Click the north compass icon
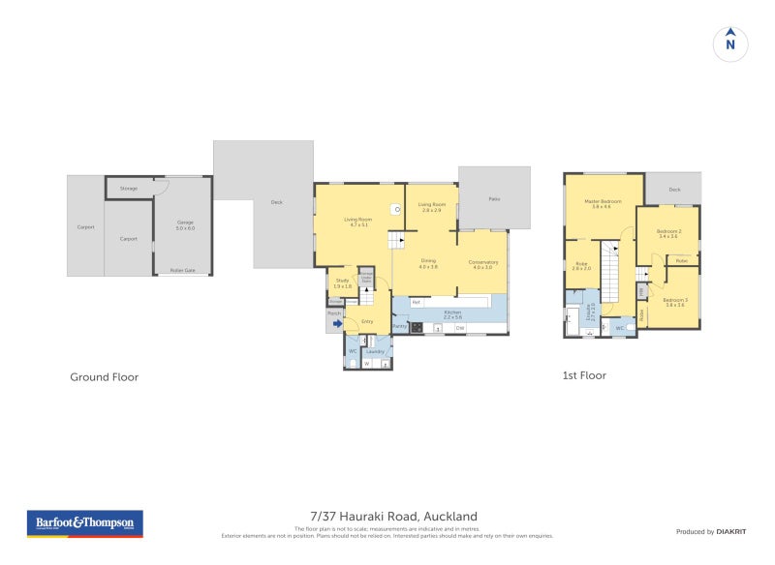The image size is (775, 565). pyautogui.click(x=730, y=44)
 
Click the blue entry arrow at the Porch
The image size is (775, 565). pyautogui.click(x=337, y=324)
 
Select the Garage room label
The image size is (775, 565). pyautogui.click(x=184, y=225)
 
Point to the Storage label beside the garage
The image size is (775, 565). pyautogui.click(x=129, y=188)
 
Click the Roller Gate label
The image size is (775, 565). pyautogui.click(x=182, y=270)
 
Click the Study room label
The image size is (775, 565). pyautogui.click(x=342, y=283)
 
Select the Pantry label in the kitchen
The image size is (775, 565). pyautogui.click(x=399, y=326)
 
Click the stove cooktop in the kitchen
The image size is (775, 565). pyautogui.click(x=417, y=328)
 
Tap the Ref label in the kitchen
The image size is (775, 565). pyautogui.click(x=416, y=303)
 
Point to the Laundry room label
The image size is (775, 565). pyautogui.click(x=375, y=351)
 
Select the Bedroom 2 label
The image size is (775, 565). pyautogui.click(x=668, y=232)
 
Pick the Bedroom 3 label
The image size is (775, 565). pyautogui.click(x=675, y=301)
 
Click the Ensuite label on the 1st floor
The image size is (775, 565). pyautogui.click(x=590, y=312)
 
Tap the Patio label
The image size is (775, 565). pyautogui.click(x=494, y=198)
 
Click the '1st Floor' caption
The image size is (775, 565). pyautogui.click(x=584, y=375)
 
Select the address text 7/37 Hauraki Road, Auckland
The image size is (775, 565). pyautogui.click(x=393, y=517)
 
